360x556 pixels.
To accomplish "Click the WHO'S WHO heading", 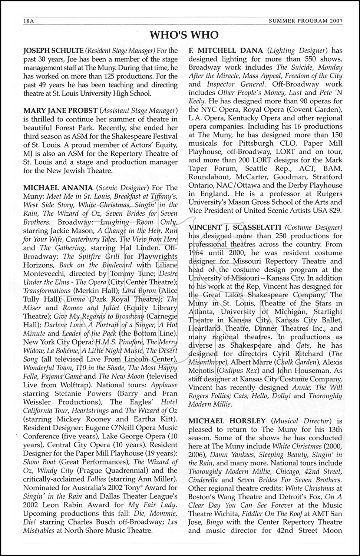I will point(184,35).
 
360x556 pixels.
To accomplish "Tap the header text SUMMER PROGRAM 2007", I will point(305,21).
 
